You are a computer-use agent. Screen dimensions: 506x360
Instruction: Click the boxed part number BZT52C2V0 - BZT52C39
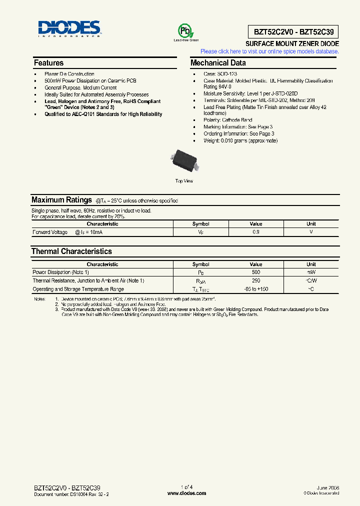click(x=292, y=32)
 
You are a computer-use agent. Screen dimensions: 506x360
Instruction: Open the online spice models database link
click(x=269, y=51)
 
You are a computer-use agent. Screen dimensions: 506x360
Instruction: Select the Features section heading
click(x=48, y=63)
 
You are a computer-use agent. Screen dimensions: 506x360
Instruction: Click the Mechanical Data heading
click(x=218, y=63)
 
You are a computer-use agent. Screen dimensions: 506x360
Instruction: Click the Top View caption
click(x=184, y=181)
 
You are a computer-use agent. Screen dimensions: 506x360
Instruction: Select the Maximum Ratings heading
click(x=61, y=200)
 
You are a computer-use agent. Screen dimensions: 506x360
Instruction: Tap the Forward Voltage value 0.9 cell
click(x=255, y=232)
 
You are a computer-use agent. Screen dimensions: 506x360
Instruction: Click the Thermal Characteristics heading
click(x=71, y=251)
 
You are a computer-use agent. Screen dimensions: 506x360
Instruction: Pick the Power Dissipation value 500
click(x=255, y=272)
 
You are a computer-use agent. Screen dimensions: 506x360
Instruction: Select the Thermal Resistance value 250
click(x=255, y=281)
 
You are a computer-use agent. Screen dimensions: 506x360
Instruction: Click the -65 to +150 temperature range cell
click(x=255, y=289)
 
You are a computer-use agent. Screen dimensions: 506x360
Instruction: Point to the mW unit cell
click(x=311, y=272)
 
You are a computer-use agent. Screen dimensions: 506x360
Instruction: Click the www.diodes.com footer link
click(x=186, y=493)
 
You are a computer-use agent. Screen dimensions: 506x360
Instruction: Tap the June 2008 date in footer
click(x=327, y=487)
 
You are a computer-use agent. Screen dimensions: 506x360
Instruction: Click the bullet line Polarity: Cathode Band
click(x=227, y=120)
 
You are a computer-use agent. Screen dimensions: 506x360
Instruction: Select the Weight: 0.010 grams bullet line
click(x=240, y=140)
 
